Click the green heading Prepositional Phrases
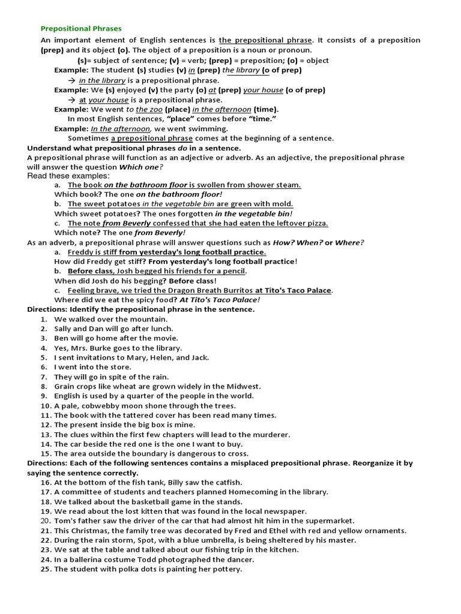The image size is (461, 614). click(x=81, y=28)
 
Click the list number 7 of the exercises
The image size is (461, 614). click(x=44, y=377)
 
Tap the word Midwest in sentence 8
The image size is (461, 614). click(x=243, y=387)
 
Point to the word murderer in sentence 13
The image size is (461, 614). click(x=270, y=435)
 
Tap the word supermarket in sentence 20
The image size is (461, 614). click(x=330, y=521)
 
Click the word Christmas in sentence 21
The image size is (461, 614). click(x=92, y=531)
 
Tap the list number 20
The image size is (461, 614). click(x=44, y=521)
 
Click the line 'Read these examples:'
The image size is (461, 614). click(x=68, y=176)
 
